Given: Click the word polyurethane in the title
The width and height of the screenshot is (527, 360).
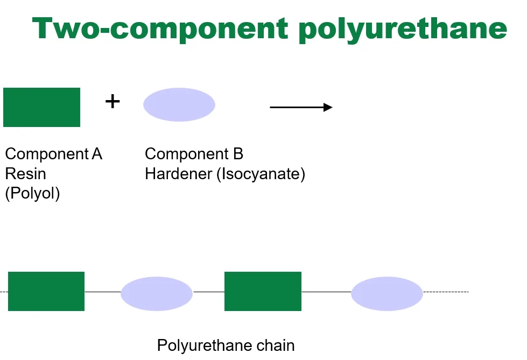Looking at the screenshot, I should point(402,30).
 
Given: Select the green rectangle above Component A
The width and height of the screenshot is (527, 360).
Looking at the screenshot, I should point(41,107).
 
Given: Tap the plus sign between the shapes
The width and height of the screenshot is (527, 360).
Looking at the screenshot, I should point(112,101).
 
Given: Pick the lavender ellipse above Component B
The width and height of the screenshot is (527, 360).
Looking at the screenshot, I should point(179,104).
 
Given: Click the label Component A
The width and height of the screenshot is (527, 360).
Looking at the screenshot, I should point(53,154).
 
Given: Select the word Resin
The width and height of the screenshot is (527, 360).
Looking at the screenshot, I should point(25,174).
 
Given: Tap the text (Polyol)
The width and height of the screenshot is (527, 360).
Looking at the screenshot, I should point(32,193).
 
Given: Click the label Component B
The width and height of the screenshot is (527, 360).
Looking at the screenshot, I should point(194,154).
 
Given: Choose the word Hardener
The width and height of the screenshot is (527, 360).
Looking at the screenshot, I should point(179,174).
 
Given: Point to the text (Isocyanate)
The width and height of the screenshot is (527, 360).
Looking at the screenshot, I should point(261,174).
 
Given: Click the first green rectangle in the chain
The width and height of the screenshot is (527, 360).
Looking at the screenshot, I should point(46,291).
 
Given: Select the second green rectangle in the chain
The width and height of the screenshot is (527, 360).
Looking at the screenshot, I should point(263,291).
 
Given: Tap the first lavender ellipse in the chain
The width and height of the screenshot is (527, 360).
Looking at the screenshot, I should point(157,293).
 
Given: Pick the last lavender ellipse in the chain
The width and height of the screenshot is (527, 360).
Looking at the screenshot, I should point(387,293).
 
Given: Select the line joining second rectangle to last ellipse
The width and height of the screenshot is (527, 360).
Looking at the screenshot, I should point(326,292).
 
